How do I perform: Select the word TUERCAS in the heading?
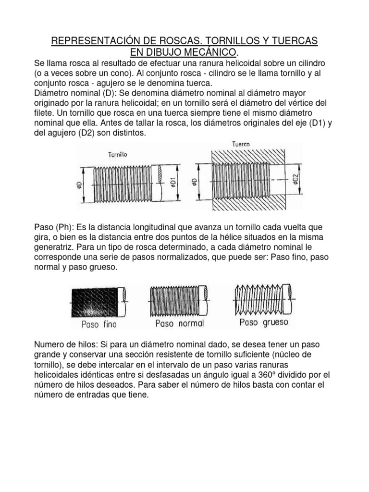(x=293, y=40)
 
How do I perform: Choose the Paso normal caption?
(x=180, y=323)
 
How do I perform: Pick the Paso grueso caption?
(x=264, y=322)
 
